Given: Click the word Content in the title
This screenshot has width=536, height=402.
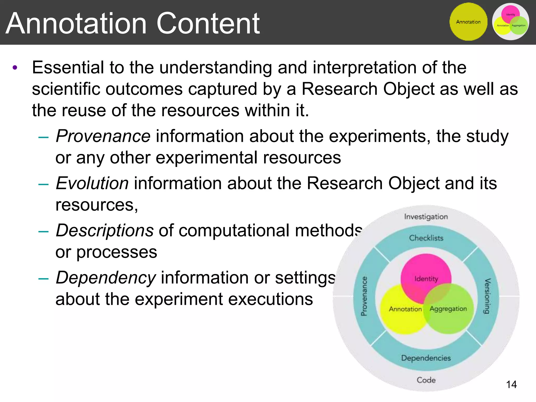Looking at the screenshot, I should coord(208,24).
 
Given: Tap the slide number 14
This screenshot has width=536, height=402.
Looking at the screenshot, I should coord(511,384).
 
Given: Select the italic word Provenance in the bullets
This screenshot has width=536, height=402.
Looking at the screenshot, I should coord(103,136).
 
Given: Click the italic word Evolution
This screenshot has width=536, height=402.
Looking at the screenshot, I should coord(92,183).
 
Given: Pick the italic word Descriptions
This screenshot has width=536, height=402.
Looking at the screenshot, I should coord(105,230).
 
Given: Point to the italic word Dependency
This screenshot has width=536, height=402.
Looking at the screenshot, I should coord(106,277).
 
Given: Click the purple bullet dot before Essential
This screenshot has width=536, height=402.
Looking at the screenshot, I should coord(15,68).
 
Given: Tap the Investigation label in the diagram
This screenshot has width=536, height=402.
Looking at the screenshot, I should coord(426,217).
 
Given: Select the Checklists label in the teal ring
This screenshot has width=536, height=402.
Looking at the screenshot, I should coord(426,238).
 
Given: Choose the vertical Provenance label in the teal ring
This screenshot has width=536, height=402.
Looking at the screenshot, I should coord(364,296).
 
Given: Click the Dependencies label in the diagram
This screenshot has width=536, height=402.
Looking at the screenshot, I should coord(426,358).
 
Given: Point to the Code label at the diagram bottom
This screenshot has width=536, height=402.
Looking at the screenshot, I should coord(426,380).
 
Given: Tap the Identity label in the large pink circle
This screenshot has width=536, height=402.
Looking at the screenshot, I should coord(426,279).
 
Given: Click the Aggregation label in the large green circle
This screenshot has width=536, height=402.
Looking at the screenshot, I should coord(448,309).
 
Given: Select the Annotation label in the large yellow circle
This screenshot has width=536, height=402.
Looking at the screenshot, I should coord(405,309).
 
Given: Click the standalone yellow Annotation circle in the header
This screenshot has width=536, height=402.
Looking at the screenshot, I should coord(468,22).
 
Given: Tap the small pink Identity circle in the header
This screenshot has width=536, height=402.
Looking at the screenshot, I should coord(510,13).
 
